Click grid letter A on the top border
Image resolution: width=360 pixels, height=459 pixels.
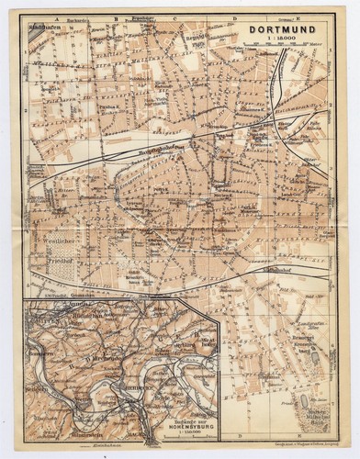pos(56,18)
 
